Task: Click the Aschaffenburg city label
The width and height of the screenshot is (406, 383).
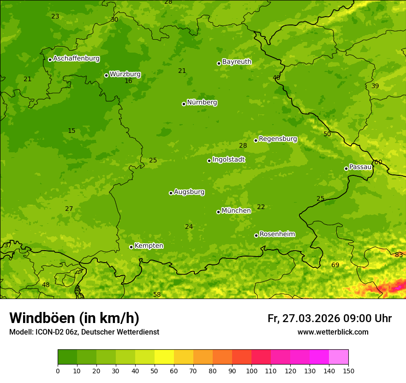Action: (x=76, y=59)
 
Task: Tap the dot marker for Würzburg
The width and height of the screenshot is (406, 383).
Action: (x=106, y=75)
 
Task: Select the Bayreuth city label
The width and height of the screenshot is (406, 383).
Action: (x=237, y=62)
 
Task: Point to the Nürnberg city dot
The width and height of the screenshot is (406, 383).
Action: (x=184, y=104)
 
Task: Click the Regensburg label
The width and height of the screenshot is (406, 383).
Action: (x=278, y=139)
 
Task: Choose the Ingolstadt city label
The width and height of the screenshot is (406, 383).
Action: (x=228, y=160)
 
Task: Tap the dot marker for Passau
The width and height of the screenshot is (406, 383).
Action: (x=346, y=168)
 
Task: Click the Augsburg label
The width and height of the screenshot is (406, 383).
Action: (x=189, y=192)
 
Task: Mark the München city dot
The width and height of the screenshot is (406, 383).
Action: (x=218, y=212)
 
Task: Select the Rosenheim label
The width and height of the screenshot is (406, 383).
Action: (x=277, y=234)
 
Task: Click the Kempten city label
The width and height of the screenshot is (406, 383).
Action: (x=149, y=246)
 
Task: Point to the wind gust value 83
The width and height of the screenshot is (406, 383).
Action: (x=399, y=255)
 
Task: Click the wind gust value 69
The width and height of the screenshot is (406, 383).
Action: (x=335, y=265)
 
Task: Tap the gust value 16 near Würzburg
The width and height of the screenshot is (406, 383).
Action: (x=128, y=81)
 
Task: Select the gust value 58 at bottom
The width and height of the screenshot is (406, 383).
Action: (x=157, y=294)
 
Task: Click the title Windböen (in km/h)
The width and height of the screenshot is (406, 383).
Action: (x=74, y=318)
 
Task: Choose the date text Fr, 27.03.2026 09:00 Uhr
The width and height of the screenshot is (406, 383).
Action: (x=329, y=318)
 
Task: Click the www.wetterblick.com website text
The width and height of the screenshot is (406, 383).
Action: (x=333, y=332)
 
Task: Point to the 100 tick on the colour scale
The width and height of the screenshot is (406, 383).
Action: (x=251, y=371)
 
